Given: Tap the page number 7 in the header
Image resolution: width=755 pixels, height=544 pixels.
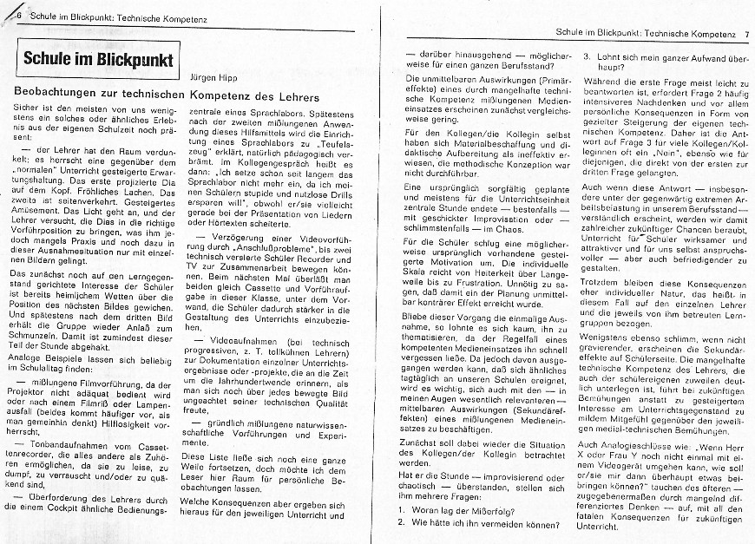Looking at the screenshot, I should (745, 35).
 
